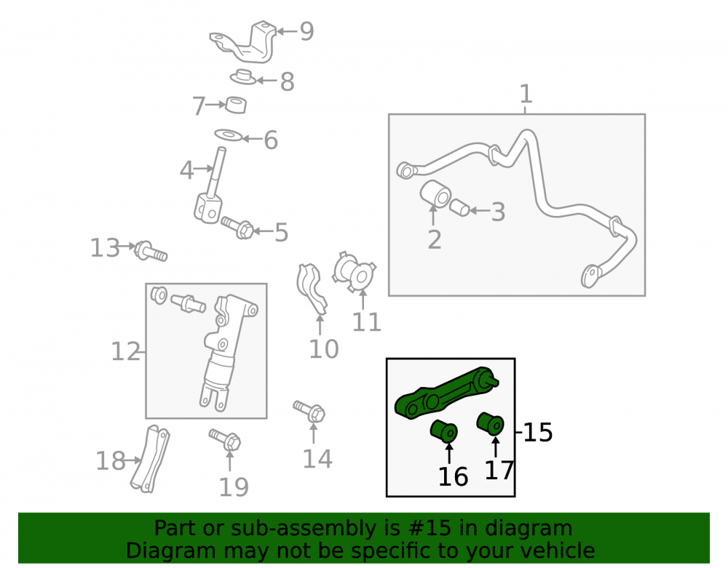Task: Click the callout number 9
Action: coord(307,31)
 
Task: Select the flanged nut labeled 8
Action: coord(243,77)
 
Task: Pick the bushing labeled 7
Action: coord(236,105)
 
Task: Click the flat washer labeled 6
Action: coord(229,135)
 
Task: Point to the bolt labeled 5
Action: coord(238,227)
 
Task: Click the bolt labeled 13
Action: coord(151,252)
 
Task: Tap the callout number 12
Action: coord(125,351)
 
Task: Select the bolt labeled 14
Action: coord(309,411)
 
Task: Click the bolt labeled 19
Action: coord(225,439)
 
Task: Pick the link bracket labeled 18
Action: coord(150,459)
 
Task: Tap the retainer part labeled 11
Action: coord(355,273)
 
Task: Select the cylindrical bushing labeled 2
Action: coord(435,193)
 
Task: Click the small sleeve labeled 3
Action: coord(459,208)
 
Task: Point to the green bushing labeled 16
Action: coord(444,431)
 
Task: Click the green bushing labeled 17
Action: coord(490,423)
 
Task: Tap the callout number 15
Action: coord(538,433)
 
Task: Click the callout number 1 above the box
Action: coord(526,94)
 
